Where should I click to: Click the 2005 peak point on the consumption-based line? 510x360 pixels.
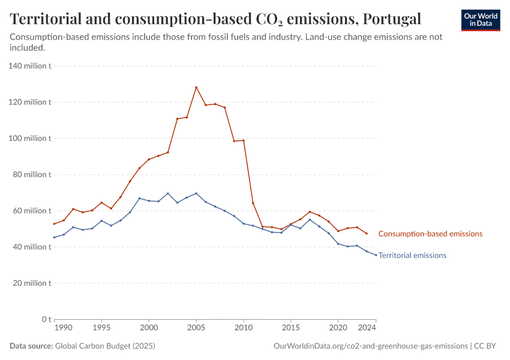coord(196,88)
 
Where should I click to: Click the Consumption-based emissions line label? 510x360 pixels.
coord(430,234)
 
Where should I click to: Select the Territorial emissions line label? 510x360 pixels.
coord(412,256)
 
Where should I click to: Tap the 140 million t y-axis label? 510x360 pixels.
coord(29,66)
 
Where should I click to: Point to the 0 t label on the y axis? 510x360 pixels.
coord(44,319)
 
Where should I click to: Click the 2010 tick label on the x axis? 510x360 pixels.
coord(243,329)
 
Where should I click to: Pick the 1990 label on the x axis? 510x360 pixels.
coord(64,329)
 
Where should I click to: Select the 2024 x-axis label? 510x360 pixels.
coord(367,329)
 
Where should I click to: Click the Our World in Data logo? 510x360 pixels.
coord(481,20)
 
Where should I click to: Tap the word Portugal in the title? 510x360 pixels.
coord(390,19)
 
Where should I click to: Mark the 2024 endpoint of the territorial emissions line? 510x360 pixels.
coord(376,255)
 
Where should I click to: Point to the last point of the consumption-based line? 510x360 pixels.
coord(367,233)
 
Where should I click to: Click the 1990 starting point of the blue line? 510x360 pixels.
coord(54,237)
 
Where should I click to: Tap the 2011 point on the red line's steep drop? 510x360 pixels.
coord(253,203)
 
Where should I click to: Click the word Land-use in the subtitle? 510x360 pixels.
coord(323,37)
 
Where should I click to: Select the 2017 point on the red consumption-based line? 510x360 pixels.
coord(310,212)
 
